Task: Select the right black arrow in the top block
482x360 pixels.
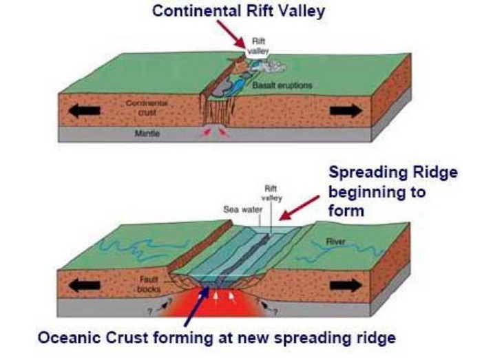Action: (346, 110)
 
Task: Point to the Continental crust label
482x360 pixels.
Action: (143, 106)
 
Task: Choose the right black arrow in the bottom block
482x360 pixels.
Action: (346, 284)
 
